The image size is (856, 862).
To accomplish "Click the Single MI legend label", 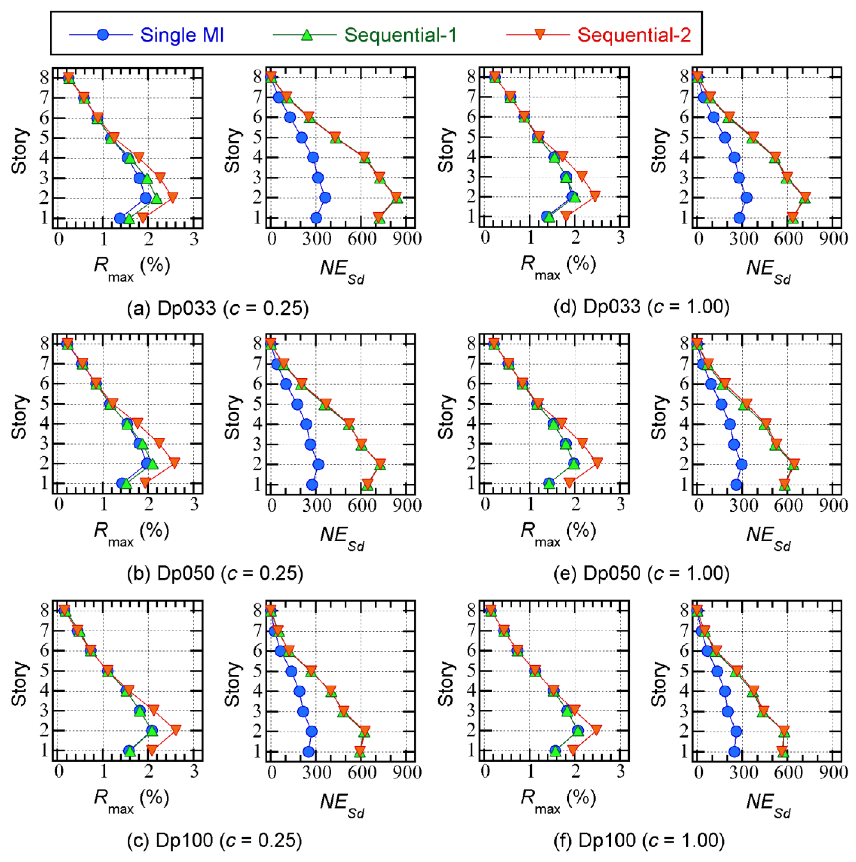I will point(182,35).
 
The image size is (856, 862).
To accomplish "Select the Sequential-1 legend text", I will point(400,35).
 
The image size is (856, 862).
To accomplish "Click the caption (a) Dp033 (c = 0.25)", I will point(218,308).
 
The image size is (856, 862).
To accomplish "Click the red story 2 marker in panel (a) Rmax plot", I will point(173,198).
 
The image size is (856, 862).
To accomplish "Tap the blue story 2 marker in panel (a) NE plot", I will point(325,198).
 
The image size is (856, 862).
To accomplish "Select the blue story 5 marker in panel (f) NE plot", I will point(717,671).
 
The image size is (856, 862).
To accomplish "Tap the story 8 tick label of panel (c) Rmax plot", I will point(45,610).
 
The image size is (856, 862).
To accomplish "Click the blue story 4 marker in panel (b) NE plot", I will point(306,424).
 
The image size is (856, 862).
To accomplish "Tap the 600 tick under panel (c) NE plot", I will point(362,772).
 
